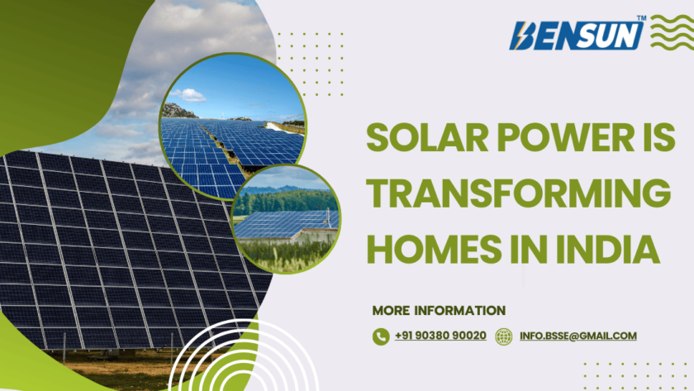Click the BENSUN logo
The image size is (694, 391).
point(578,36)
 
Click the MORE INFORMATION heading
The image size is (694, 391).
point(439,311)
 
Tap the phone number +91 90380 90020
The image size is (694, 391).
point(440,336)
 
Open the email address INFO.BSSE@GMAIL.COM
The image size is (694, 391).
point(578,336)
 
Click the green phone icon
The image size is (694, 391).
point(381,336)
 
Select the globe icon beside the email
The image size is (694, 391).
point(503,336)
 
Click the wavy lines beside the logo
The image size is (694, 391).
point(672,32)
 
